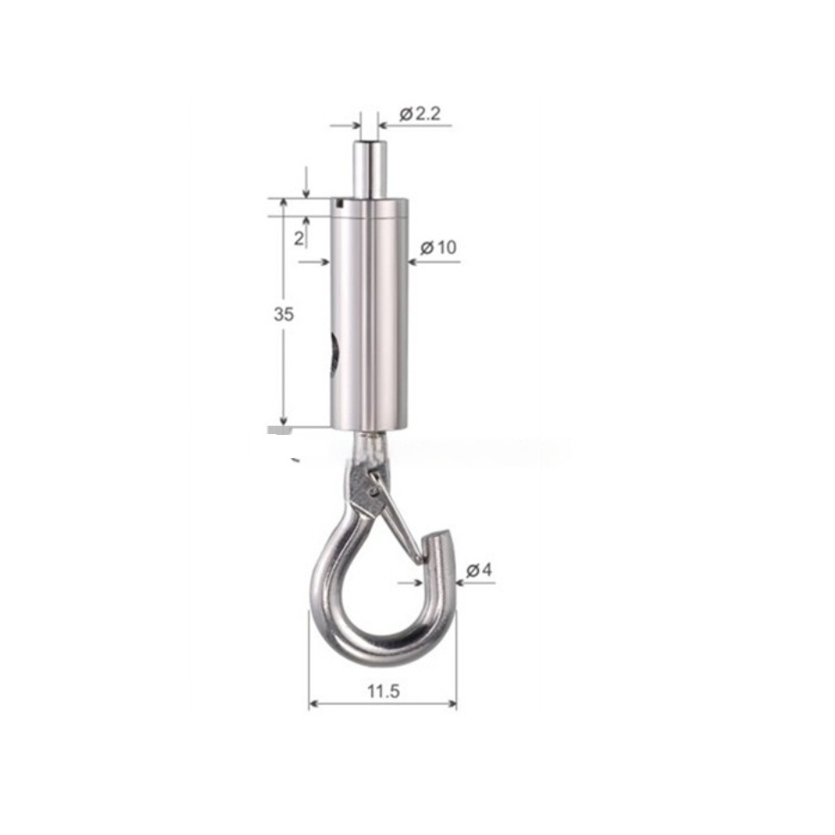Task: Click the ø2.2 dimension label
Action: click(x=420, y=114)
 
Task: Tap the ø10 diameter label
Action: click(x=439, y=247)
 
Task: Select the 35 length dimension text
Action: click(x=284, y=314)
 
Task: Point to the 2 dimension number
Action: click(x=299, y=238)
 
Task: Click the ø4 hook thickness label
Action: click(x=479, y=570)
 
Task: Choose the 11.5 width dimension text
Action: click(x=383, y=691)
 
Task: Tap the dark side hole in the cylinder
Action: click(x=335, y=353)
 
